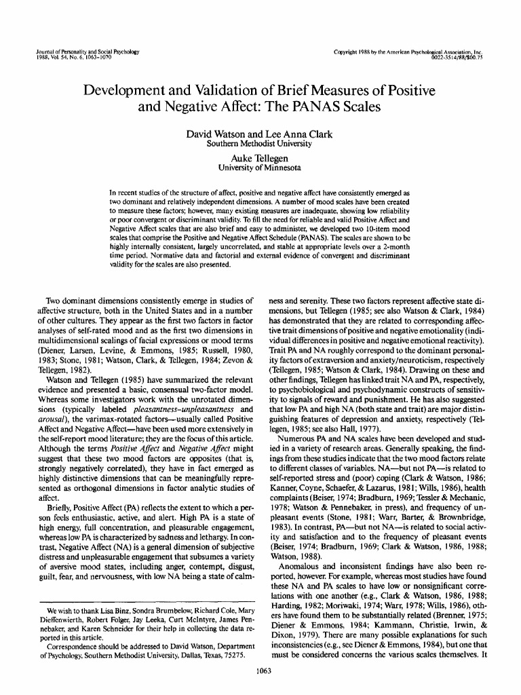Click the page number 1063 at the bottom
[260, 672]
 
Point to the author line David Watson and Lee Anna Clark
[260, 134]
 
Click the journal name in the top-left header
[85, 52]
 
